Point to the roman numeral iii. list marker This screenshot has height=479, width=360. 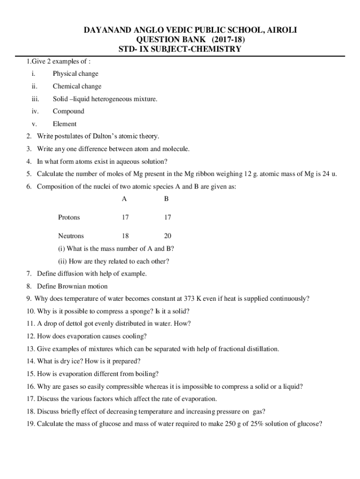pyautogui.click(x=35, y=99)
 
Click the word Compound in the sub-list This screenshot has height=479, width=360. pyautogui.click(x=68, y=111)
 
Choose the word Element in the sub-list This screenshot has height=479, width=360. pyautogui.click(x=65, y=124)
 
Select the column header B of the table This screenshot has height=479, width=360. pyautogui.click(x=166, y=199)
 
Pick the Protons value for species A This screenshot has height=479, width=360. pyautogui.click(x=125, y=218)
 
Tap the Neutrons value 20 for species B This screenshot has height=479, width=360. pyautogui.click(x=167, y=236)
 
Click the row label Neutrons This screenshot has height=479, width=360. pyautogui.click(x=71, y=236)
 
